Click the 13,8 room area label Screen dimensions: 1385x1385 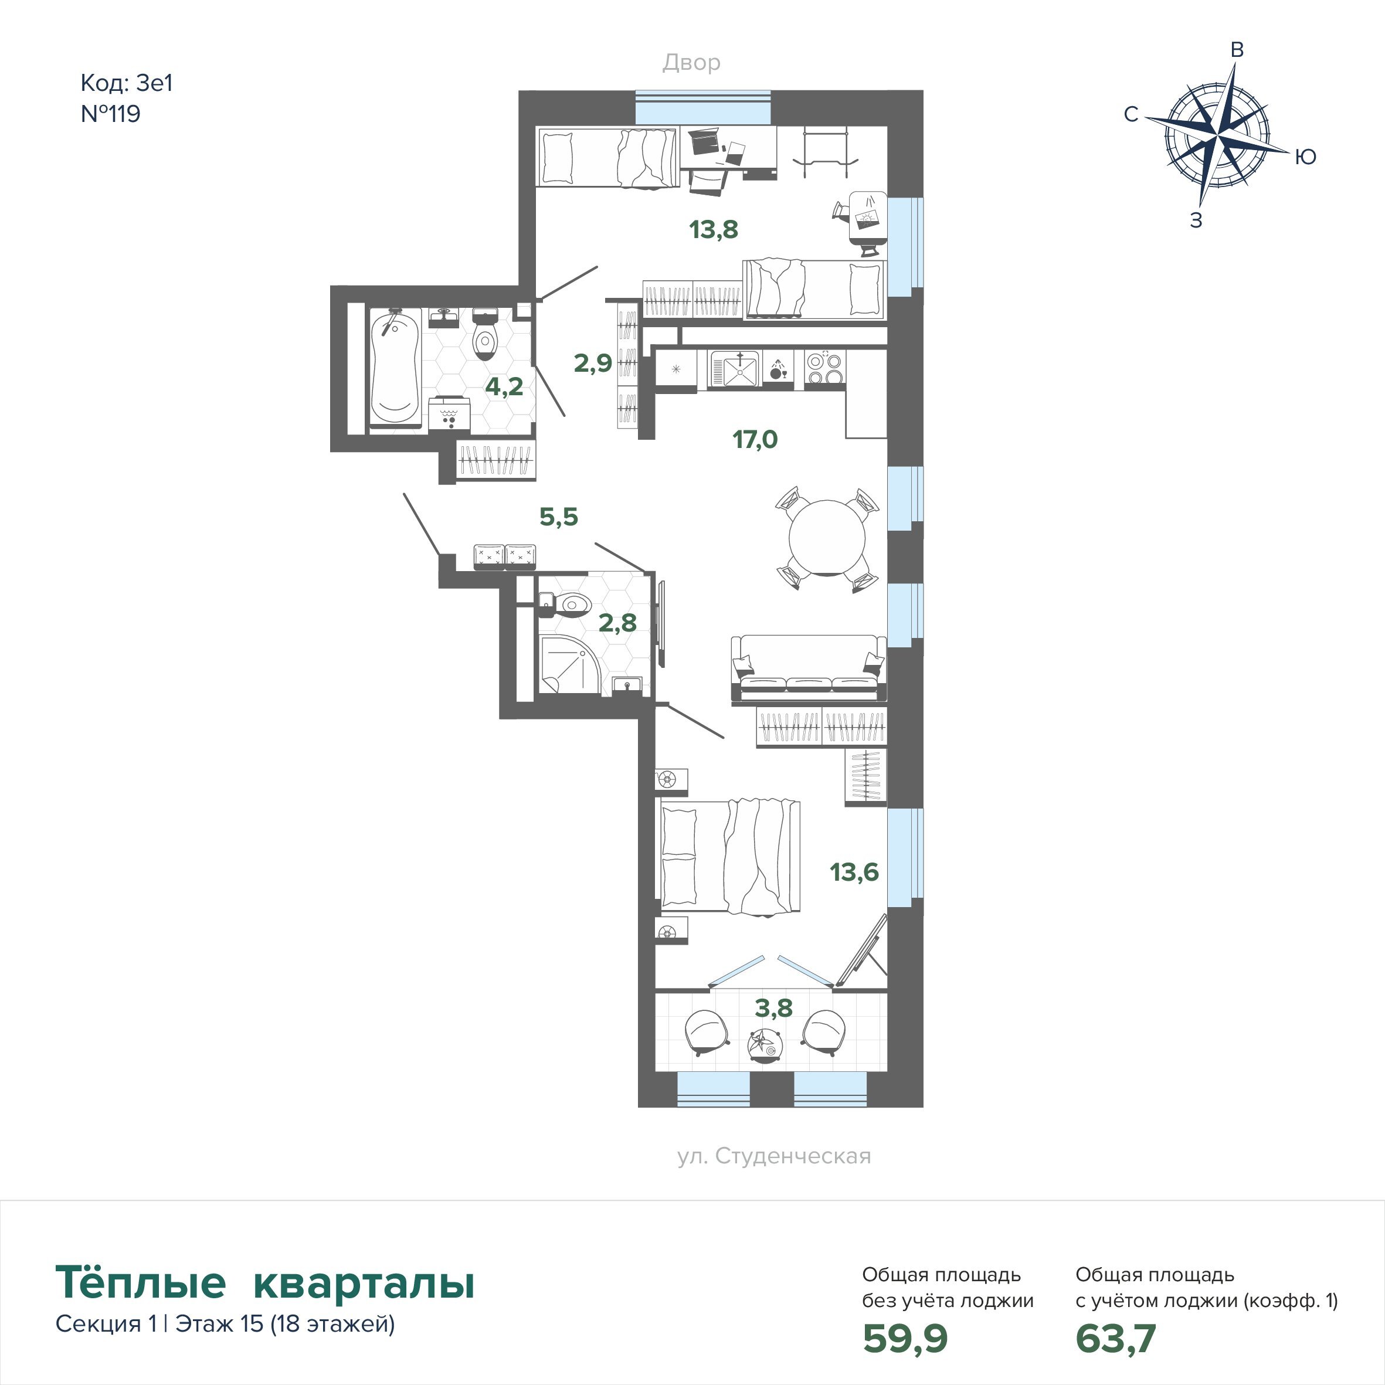[713, 229]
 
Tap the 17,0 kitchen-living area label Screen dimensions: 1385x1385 [755, 439]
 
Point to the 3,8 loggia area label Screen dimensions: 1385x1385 [773, 1008]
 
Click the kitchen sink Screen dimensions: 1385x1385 [734, 369]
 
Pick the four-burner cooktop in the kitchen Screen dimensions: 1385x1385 [825, 369]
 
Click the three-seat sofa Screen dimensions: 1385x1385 [808, 667]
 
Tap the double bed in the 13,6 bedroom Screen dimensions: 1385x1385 [729, 857]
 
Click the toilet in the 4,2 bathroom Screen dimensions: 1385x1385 [486, 335]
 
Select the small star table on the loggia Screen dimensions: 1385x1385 [762, 1043]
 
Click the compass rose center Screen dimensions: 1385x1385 [1218, 135]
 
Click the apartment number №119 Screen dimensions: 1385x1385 [110, 114]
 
